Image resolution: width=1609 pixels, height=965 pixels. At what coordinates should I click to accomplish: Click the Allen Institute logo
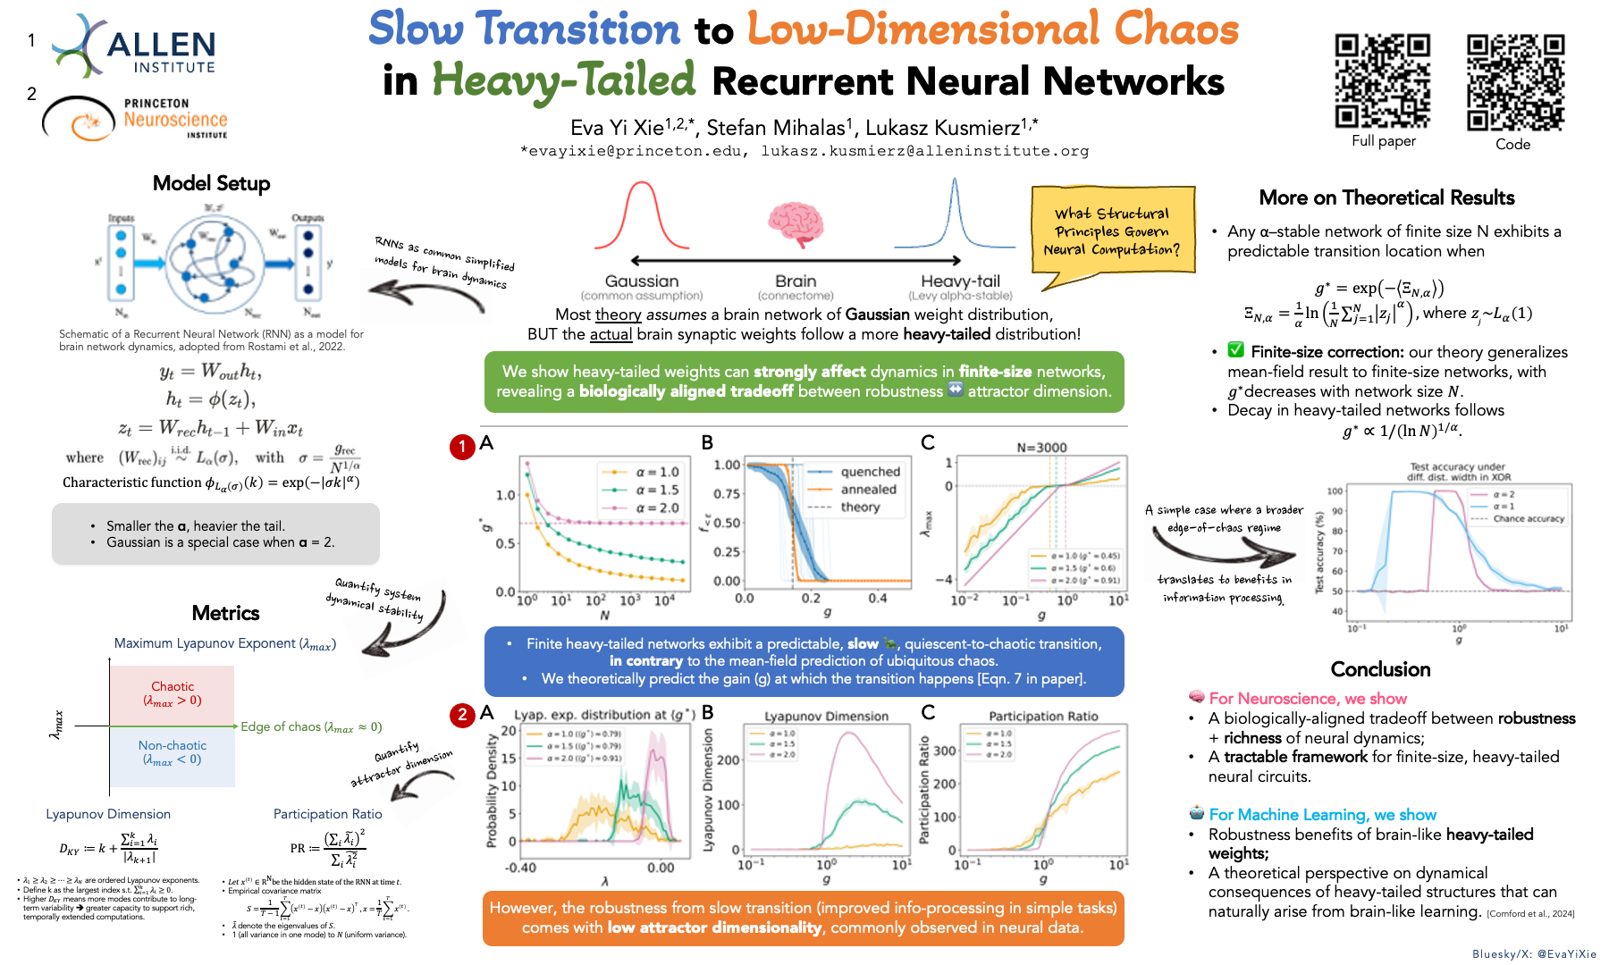coord(134,46)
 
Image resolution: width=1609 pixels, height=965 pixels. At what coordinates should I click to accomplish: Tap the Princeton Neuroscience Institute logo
coord(136,119)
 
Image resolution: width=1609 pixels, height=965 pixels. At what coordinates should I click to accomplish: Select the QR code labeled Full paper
coord(1383,81)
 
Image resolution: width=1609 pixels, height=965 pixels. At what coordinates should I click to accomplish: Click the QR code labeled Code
coord(1515,83)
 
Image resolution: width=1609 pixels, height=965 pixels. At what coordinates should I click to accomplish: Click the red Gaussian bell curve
coord(642,216)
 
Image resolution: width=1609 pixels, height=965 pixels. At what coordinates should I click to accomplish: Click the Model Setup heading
coord(211,183)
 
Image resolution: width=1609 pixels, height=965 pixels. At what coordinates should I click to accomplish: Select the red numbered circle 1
coord(461,447)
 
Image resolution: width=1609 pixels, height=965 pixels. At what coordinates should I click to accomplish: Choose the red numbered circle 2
coord(461,714)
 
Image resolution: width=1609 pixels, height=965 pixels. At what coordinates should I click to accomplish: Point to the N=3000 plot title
coord(1041,447)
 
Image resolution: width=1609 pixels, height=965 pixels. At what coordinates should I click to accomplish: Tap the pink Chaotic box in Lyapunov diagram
coord(173,694)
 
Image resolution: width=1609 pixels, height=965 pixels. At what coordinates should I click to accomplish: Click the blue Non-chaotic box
coord(173,753)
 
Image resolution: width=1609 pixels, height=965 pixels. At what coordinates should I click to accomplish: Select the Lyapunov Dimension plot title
coord(826,717)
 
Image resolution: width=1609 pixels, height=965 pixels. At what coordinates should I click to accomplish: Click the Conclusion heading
coord(1380,669)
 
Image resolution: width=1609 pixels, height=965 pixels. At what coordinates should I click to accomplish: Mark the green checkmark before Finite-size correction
coord(1235,350)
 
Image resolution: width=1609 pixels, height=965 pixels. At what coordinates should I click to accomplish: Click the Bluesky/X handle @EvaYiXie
coord(1534,953)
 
